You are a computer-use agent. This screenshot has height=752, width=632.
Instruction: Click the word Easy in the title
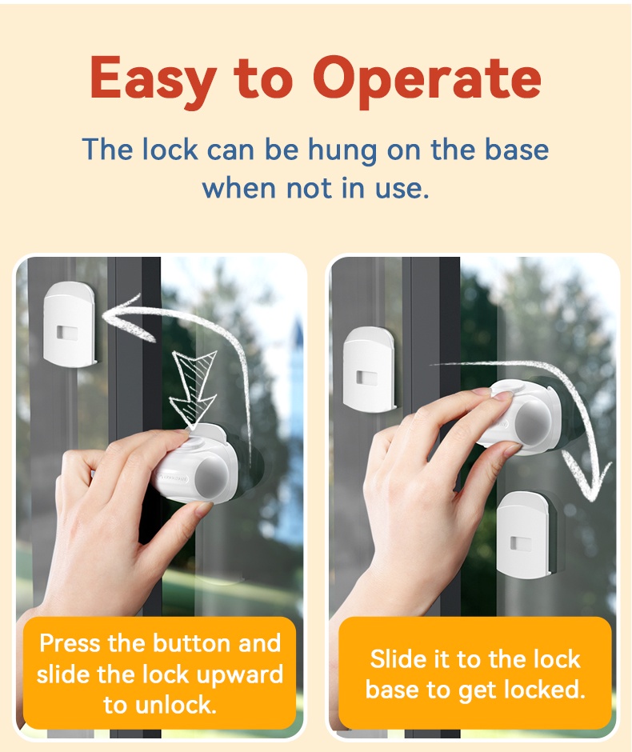(x=152, y=79)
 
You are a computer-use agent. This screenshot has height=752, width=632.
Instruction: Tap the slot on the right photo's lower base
(x=521, y=544)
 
